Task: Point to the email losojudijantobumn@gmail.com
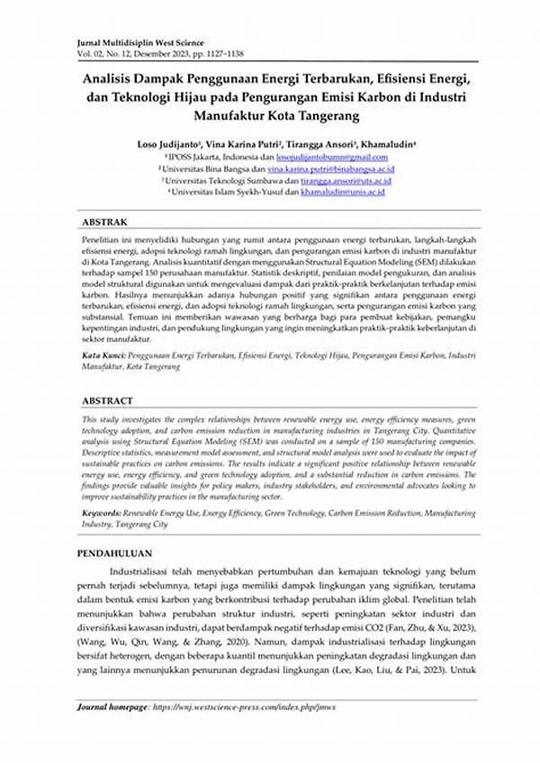click(x=325, y=156)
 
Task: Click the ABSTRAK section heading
click(x=105, y=221)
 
